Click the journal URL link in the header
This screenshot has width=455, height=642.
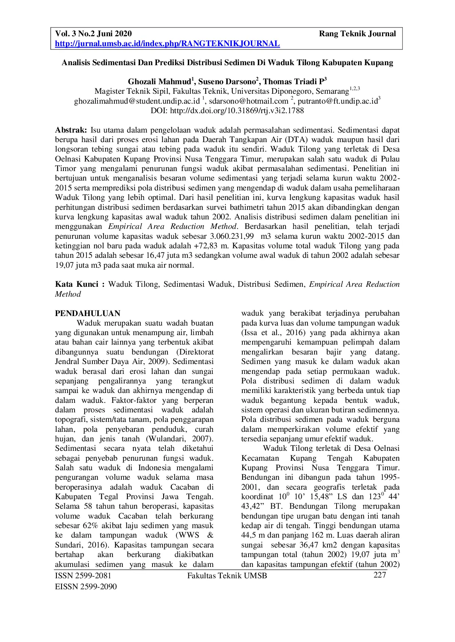[x=167, y=44]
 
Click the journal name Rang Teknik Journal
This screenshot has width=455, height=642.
[x=357, y=34]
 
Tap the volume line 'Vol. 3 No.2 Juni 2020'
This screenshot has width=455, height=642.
[x=93, y=34]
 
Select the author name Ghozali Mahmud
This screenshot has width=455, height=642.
[x=159, y=82]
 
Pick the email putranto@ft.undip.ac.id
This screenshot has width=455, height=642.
[x=337, y=101]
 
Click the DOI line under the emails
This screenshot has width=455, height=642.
[x=227, y=111]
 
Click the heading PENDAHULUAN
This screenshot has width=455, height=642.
[x=88, y=313]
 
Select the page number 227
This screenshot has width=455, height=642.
[x=379, y=575]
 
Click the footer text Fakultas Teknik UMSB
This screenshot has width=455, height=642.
[x=227, y=576]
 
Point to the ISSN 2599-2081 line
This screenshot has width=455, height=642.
[x=83, y=576]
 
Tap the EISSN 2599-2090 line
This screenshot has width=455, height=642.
[x=86, y=587]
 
